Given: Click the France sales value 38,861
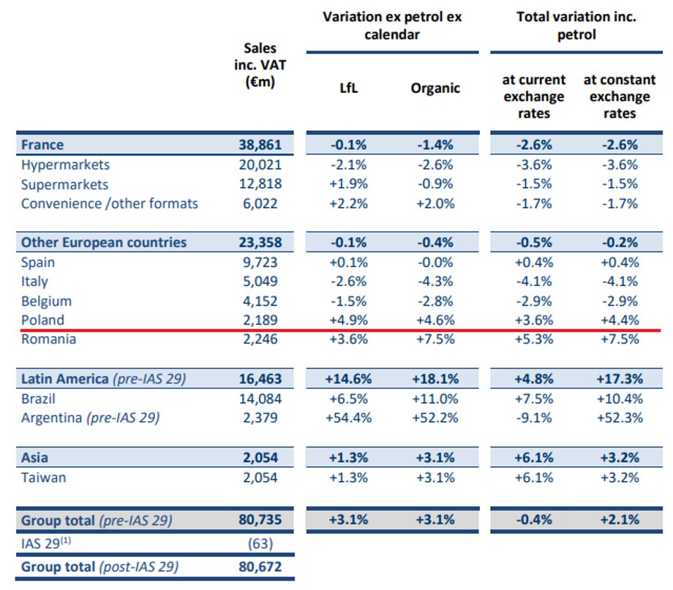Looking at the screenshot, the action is pos(260,145).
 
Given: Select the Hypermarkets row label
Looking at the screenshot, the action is pos(65,164).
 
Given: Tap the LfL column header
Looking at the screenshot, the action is pos(348,88).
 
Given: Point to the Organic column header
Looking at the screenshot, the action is pos(435,88).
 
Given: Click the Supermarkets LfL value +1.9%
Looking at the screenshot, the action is pos(348,184).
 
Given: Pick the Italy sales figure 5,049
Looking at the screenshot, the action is pos(260,281).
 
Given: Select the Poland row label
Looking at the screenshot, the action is pos(43,320).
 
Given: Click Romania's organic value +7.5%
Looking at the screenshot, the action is pos(435,339).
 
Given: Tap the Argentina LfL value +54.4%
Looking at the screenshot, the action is pos(348,418).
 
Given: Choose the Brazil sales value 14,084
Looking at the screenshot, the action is pos(260,399).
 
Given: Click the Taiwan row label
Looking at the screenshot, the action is pos(44,477).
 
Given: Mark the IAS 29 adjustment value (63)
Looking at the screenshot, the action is pos(260,544).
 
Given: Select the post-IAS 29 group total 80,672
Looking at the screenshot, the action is pos(260,567).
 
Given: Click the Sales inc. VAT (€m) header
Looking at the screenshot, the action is pos(260,65).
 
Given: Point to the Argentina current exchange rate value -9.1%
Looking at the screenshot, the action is pos(534,418).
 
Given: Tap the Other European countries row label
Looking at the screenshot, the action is pos(104,243).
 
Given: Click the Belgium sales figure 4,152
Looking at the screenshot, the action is pos(260,301).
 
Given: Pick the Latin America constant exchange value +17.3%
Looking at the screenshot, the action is pos(620,379).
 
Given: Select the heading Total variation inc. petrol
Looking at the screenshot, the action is pos(576,26).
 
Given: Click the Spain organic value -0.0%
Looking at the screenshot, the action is pos(435,262).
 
